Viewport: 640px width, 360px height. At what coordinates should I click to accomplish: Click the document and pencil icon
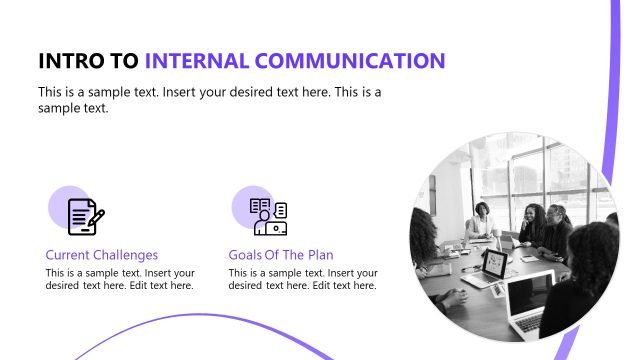[85, 216]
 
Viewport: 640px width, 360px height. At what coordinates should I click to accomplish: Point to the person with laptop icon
[269, 216]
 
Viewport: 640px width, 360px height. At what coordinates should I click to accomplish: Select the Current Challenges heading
[102, 255]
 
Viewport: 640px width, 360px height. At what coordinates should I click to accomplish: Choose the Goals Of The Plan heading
[281, 255]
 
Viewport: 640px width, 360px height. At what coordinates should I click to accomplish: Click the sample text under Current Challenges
[120, 279]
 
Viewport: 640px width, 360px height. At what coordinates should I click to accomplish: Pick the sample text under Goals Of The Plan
[303, 279]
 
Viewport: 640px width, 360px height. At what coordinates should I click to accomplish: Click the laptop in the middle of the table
[494, 264]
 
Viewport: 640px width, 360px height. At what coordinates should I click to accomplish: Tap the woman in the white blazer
[483, 221]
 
